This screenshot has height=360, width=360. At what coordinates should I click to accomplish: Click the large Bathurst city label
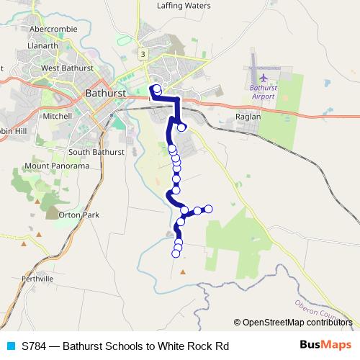tap(106, 94)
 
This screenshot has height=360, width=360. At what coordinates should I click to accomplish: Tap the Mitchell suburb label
tap(58, 115)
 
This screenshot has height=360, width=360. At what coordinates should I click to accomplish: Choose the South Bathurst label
tap(98, 152)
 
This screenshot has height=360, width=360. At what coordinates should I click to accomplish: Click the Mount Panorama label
tap(56, 166)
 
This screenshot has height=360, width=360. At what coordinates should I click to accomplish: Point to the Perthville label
tap(37, 278)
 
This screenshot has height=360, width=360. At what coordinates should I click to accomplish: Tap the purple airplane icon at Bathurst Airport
tap(264, 76)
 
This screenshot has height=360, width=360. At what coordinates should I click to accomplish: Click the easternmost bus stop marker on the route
tap(209, 209)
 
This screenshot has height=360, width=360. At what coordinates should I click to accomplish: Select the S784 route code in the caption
tap(34, 346)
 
